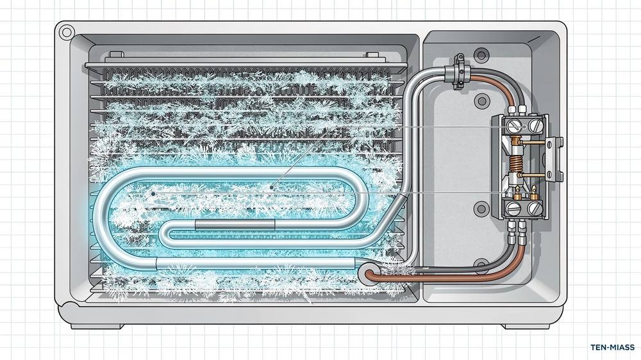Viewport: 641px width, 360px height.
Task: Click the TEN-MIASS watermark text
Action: (612, 347)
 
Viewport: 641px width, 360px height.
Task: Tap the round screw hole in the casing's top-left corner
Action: (65, 32)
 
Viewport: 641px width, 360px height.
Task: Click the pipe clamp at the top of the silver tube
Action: (460, 72)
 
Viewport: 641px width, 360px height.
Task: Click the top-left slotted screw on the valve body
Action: (512, 126)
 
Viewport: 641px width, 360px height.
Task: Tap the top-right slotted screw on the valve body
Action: (535, 126)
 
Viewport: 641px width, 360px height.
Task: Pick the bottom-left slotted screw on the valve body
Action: (512, 209)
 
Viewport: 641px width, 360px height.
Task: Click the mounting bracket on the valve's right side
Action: (554, 159)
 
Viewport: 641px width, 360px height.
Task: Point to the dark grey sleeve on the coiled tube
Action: (235, 224)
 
